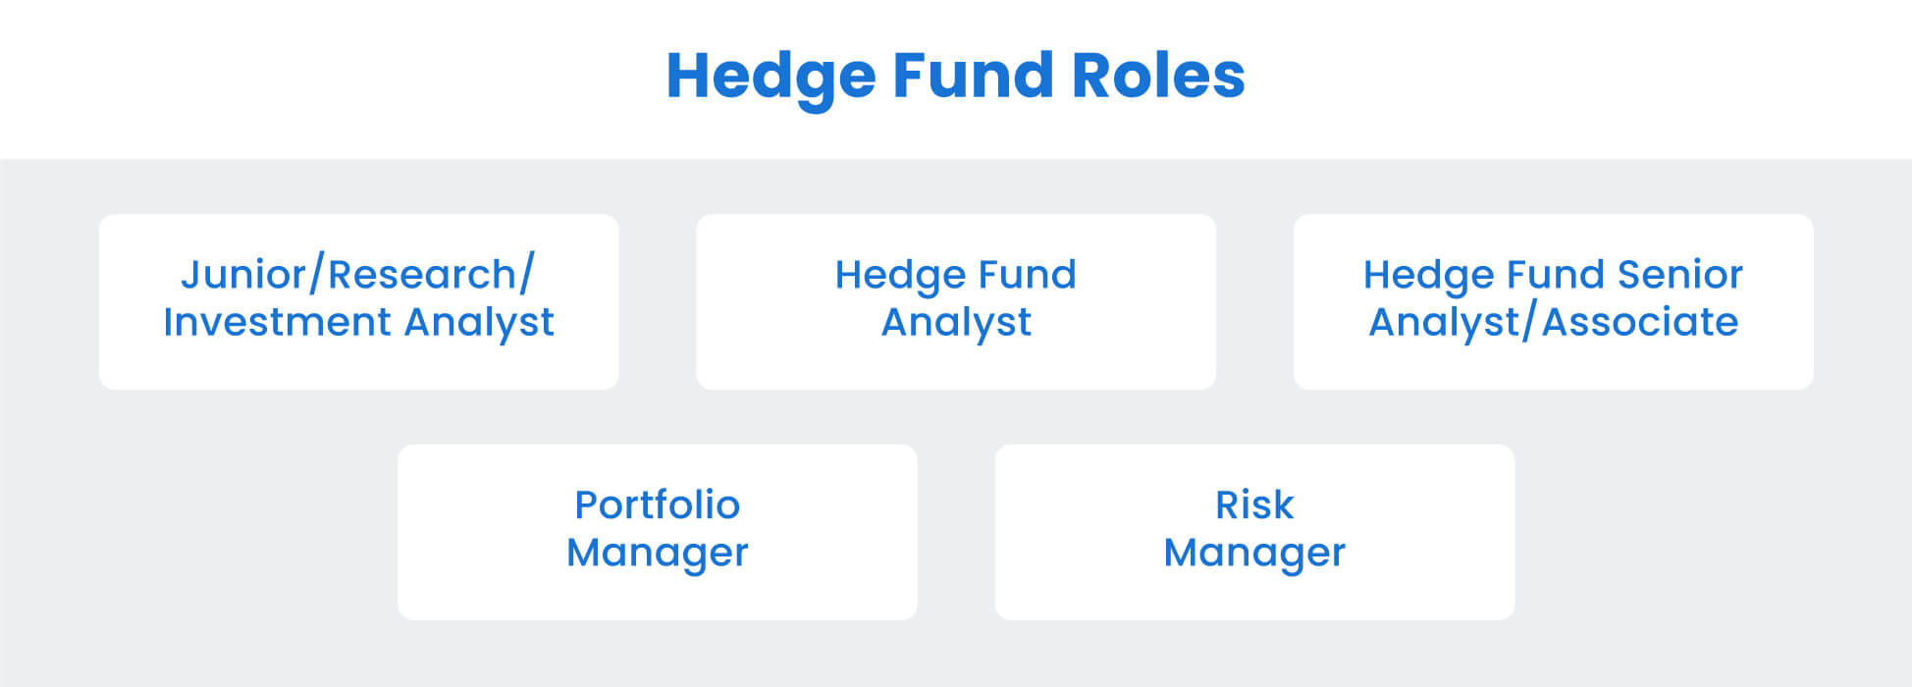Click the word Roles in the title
click(x=1158, y=76)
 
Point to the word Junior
click(x=243, y=275)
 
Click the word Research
click(x=422, y=275)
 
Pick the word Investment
click(x=278, y=322)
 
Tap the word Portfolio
click(x=658, y=505)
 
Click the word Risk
click(x=1254, y=505)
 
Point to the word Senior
click(x=1680, y=275)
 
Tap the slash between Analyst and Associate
click(x=1529, y=323)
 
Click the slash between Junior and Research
click(x=316, y=275)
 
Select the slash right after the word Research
click(x=526, y=275)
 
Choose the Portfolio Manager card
click(x=658, y=532)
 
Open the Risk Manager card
click(x=1254, y=532)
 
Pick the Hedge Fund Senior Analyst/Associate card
click(x=1553, y=302)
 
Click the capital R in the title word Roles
click(x=1092, y=76)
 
